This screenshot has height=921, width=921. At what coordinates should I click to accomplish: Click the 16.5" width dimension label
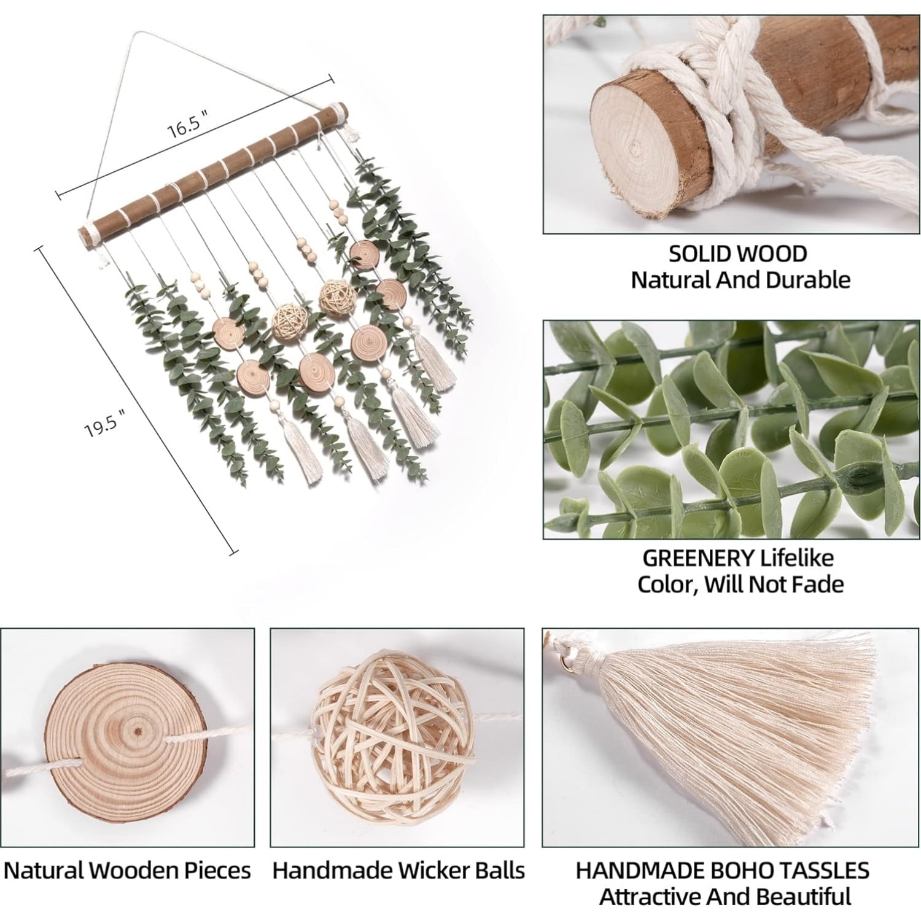185,126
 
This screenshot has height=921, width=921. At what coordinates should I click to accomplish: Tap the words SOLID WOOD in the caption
737,254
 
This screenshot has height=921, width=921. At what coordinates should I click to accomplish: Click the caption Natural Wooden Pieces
127,870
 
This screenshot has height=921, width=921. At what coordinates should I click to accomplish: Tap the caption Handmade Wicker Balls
398,870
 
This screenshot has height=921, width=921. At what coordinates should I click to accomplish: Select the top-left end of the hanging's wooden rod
82,231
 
